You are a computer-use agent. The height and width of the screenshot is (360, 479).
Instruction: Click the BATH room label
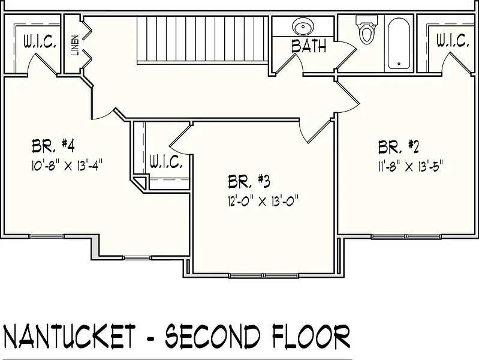click(x=309, y=46)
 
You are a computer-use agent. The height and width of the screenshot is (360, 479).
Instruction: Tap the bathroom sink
click(x=303, y=26)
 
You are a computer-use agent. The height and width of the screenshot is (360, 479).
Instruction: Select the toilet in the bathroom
click(x=366, y=29)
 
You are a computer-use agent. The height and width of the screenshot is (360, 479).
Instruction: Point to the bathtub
click(x=399, y=43)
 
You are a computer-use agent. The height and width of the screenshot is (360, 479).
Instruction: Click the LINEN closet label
click(x=76, y=46)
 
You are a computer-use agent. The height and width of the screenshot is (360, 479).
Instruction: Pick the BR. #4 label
click(x=53, y=146)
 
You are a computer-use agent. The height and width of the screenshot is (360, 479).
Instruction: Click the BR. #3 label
click(x=249, y=181)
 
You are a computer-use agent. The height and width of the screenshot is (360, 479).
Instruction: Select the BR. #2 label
click(x=398, y=147)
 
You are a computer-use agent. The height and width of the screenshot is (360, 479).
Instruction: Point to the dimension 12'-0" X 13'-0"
click(x=263, y=201)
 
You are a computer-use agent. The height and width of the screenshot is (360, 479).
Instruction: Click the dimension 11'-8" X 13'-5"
click(x=410, y=167)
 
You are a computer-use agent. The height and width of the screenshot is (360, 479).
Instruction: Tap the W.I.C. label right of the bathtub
click(x=453, y=40)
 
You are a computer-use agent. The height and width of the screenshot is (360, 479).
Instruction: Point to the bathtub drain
click(x=399, y=64)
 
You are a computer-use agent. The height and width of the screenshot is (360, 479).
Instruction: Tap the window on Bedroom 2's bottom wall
click(x=406, y=236)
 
